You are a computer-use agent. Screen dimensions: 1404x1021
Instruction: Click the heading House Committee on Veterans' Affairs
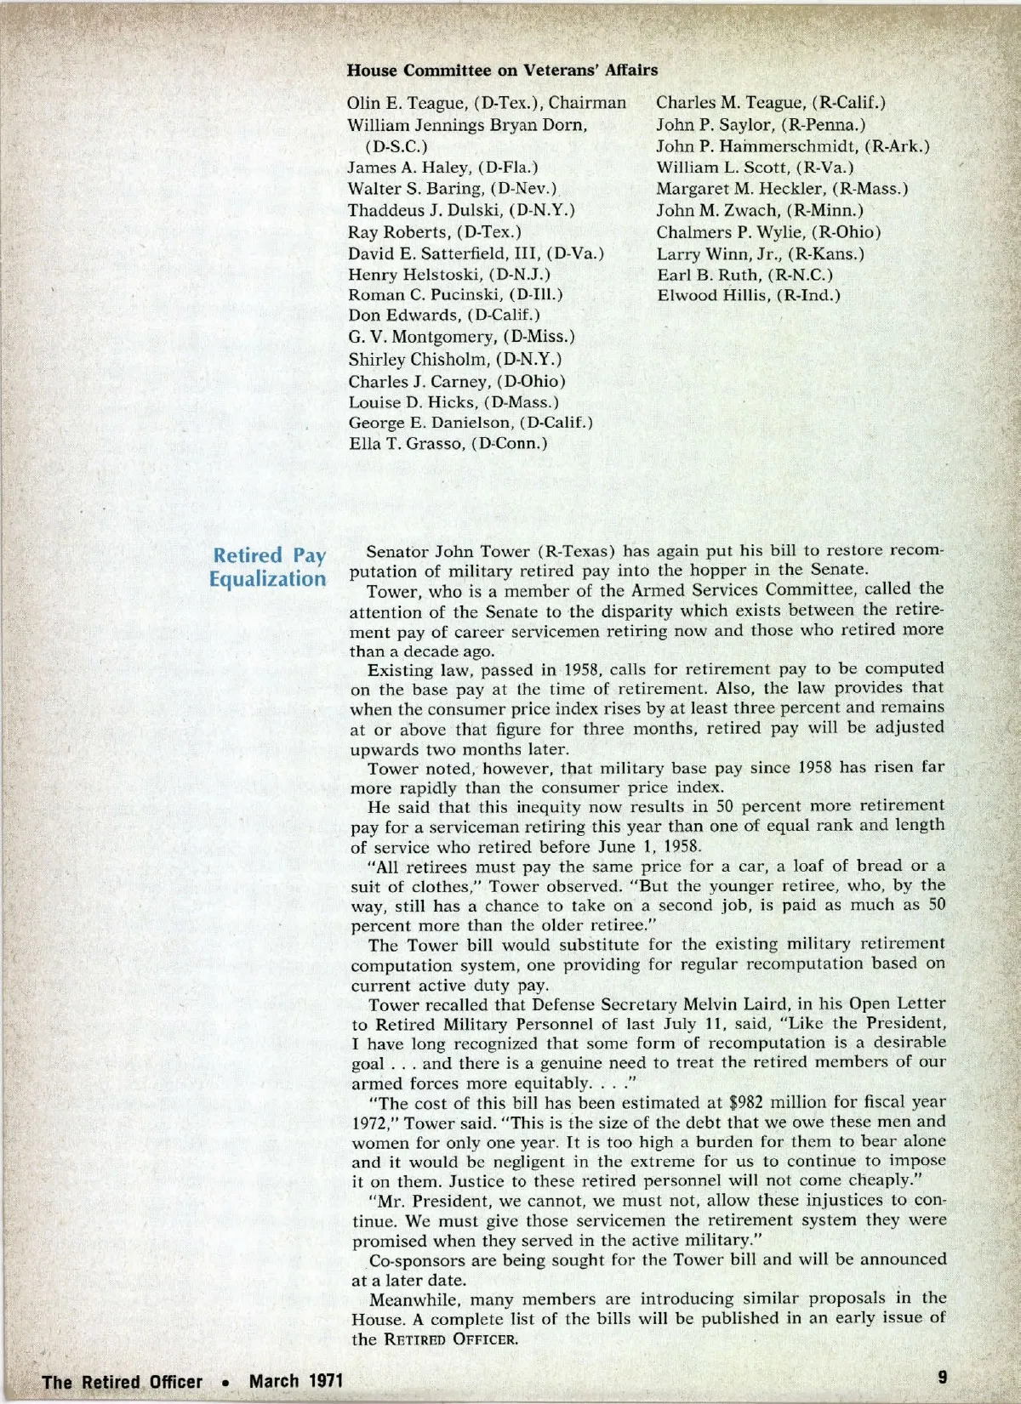pyautogui.click(x=502, y=70)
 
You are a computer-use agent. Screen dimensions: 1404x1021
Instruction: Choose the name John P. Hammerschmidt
pyautogui.click(x=757, y=146)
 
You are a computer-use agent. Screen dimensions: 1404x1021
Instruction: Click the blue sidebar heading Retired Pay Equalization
pyautogui.click(x=269, y=567)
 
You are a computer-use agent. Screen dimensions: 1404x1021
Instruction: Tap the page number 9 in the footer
pyautogui.click(x=942, y=1376)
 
